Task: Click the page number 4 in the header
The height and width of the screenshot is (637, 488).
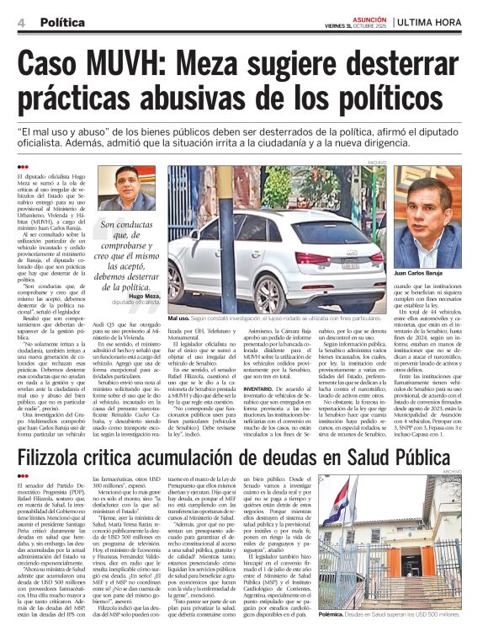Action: (20, 23)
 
